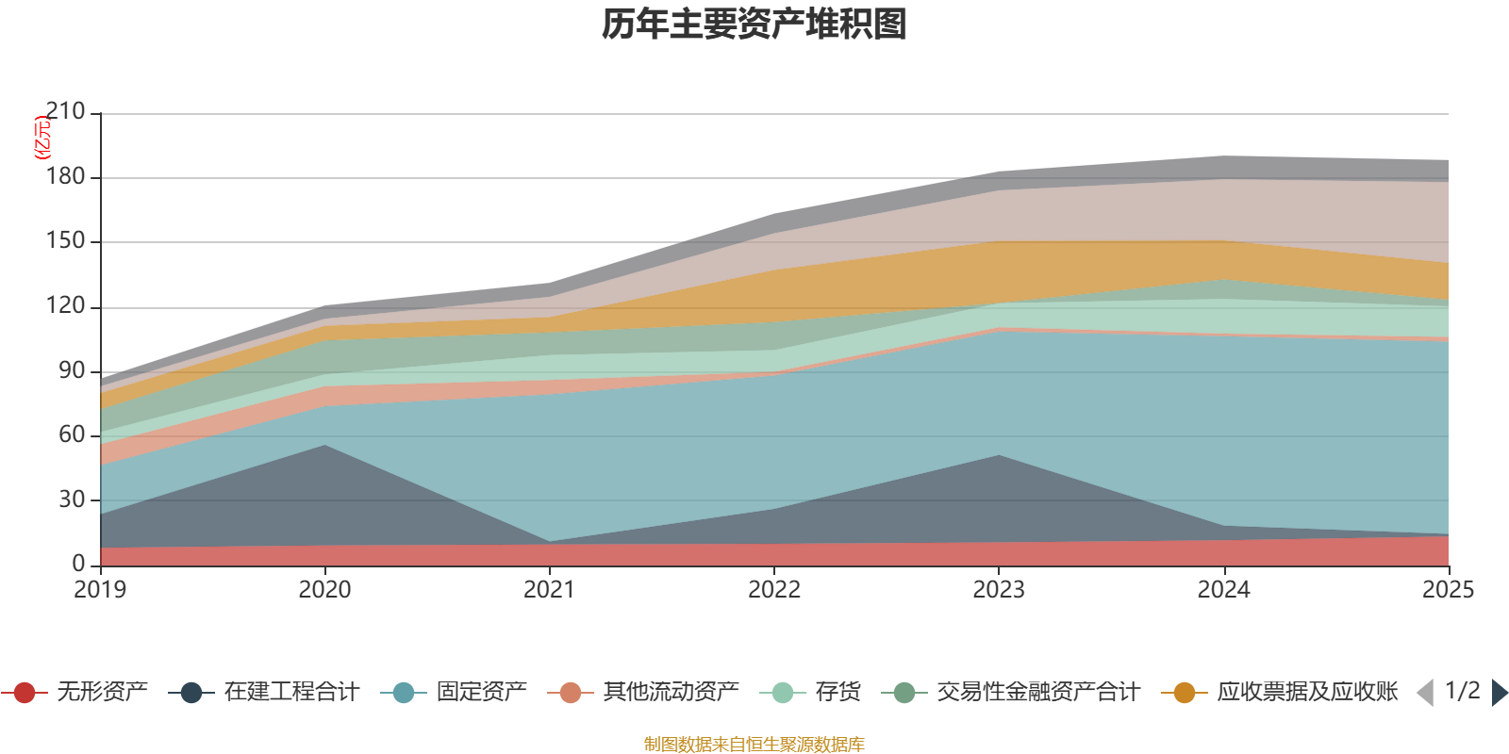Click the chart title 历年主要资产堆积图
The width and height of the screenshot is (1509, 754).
[754, 25]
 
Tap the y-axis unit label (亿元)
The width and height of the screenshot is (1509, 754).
[42, 138]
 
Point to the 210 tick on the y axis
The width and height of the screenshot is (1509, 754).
[65, 112]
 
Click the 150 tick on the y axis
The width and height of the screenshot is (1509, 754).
[65, 241]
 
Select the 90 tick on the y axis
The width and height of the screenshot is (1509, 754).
[71, 370]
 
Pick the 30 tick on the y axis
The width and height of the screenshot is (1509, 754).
[71, 500]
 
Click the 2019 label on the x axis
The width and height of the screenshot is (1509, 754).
[101, 590]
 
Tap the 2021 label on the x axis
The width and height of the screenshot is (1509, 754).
[550, 590]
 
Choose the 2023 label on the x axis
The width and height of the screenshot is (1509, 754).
[999, 590]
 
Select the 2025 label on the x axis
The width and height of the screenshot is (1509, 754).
[1447, 590]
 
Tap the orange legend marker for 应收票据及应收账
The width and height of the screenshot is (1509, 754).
[1184, 693]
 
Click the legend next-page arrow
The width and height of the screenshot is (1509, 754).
[1499, 693]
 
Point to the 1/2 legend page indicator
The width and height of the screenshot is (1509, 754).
[1462, 691]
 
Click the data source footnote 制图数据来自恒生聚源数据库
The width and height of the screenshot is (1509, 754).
[754, 745]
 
